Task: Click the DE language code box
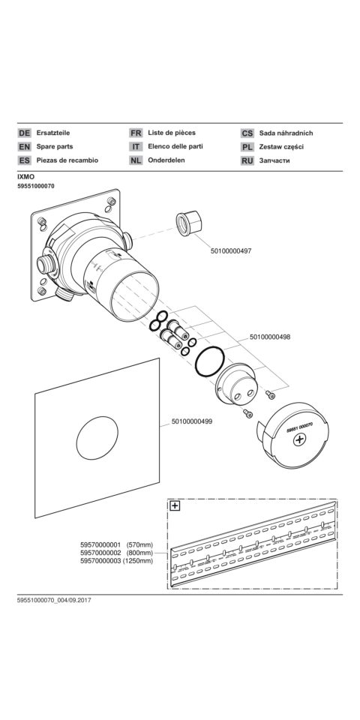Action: (24, 133)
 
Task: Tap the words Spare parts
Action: (55, 146)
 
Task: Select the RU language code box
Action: (247, 161)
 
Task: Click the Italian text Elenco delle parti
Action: (175, 146)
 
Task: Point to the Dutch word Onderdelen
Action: (166, 160)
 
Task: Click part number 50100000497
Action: (231, 250)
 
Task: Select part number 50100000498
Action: (270, 337)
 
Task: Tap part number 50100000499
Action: (192, 421)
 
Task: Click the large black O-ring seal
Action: (210, 361)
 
